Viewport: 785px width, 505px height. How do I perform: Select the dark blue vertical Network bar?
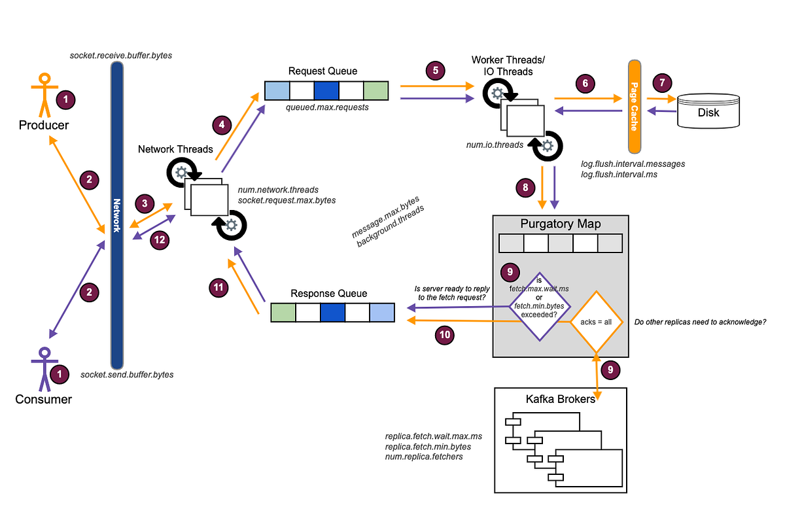(117, 216)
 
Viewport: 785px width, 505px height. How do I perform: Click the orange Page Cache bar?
(633, 106)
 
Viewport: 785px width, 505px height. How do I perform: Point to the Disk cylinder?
(708, 111)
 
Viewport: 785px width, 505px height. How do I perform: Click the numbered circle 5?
(434, 70)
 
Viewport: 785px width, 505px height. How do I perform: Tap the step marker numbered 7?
(663, 82)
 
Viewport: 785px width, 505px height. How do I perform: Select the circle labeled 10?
(445, 334)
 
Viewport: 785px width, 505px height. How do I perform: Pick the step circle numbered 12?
(159, 239)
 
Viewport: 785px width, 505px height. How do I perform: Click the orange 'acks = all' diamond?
(595, 322)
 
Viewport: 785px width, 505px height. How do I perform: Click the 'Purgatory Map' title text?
(561, 224)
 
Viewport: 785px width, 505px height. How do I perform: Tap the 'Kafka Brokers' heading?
(561, 398)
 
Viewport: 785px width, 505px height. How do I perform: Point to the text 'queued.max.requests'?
(327, 107)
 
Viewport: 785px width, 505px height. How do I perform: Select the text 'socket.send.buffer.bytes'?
(127, 375)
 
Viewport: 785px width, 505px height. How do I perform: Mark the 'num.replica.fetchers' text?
(424, 457)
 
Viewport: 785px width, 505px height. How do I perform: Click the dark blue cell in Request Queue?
(326, 90)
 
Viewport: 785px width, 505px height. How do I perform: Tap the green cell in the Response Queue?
(283, 313)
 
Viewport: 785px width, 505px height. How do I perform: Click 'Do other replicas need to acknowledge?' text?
(700, 322)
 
